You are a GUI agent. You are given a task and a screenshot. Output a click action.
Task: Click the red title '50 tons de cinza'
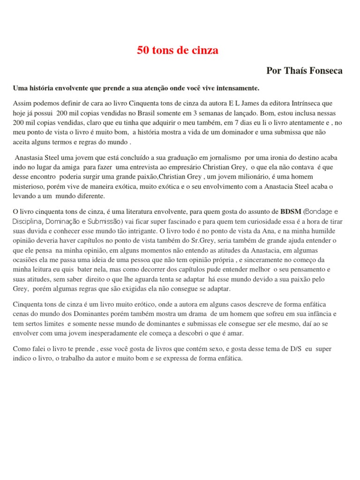point(177,51)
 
